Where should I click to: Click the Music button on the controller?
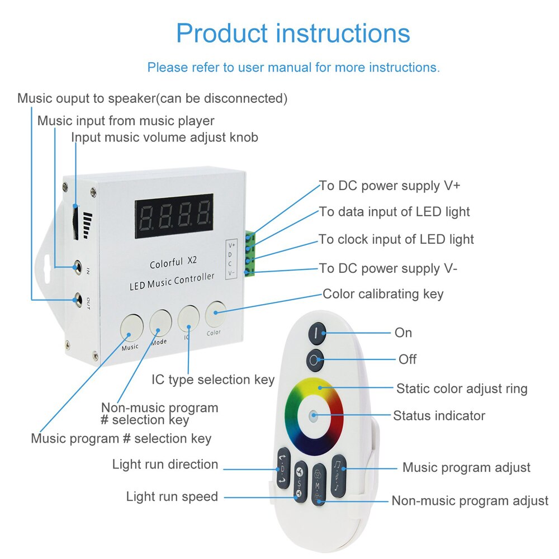(129, 327)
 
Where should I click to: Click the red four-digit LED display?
(174, 216)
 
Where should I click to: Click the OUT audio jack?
(77, 299)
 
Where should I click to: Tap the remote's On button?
(316, 333)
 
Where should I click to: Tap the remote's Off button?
(315, 359)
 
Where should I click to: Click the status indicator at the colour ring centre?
(314, 416)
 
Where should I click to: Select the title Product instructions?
(293, 33)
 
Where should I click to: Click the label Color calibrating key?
(383, 293)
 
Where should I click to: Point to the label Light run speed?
(172, 496)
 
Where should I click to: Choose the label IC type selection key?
(213, 380)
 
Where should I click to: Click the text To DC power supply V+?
(390, 186)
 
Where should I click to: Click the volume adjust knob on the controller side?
(75, 222)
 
